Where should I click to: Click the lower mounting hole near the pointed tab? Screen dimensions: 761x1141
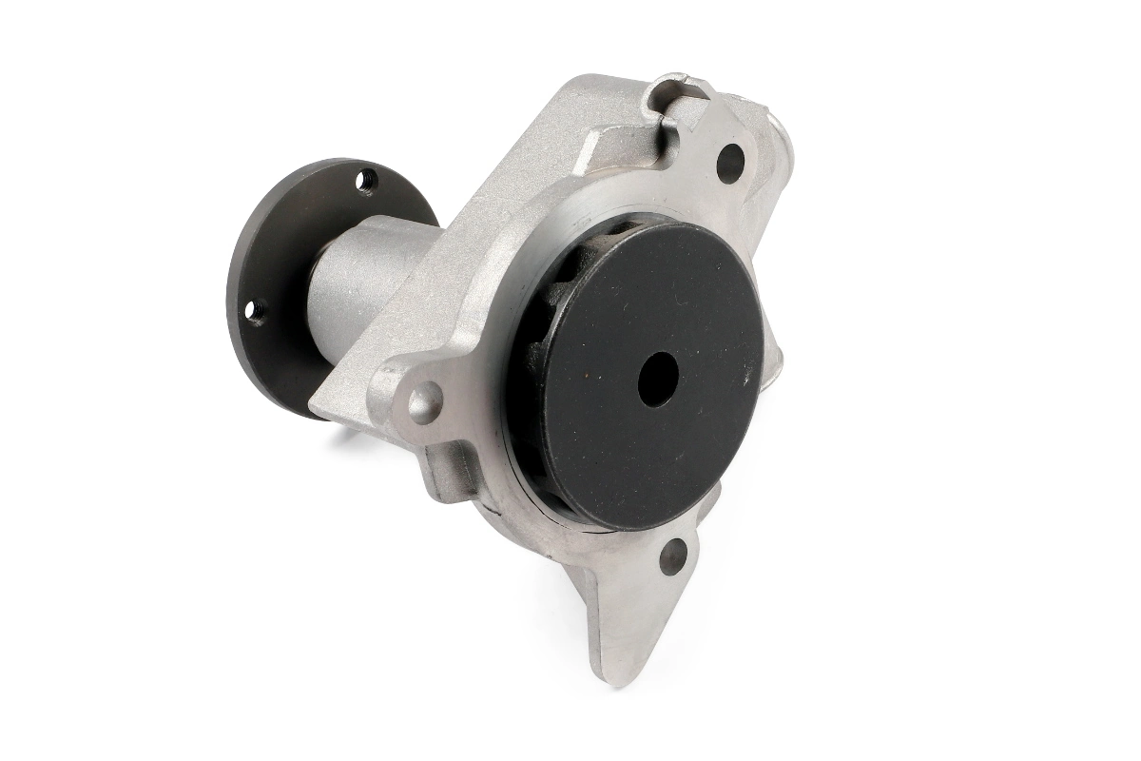(x=672, y=556)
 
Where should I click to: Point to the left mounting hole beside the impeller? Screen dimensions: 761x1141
(x=424, y=401)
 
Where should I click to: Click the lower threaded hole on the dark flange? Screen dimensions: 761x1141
(x=253, y=309)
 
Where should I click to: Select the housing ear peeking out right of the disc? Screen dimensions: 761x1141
(x=775, y=357)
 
